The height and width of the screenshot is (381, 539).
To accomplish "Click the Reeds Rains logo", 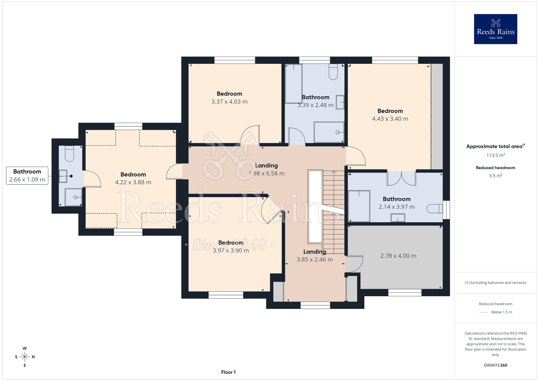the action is pyautogui.click(x=495, y=29).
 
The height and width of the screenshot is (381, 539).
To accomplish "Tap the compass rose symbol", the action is pyautogui.click(x=25, y=357).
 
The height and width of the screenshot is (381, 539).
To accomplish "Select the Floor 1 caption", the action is pyautogui.click(x=228, y=372).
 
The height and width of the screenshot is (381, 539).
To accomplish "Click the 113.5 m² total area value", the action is pyautogui.click(x=495, y=155).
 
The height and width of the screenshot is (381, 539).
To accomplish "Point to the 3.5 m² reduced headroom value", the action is pyautogui.click(x=495, y=175).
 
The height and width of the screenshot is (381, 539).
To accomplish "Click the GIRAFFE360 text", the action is pyautogui.click(x=495, y=365).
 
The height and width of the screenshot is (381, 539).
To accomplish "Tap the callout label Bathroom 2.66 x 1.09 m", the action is pyautogui.click(x=27, y=176).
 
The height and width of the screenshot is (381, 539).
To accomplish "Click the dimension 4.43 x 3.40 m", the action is pyautogui.click(x=390, y=119).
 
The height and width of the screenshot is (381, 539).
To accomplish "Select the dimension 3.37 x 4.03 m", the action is pyautogui.click(x=229, y=102).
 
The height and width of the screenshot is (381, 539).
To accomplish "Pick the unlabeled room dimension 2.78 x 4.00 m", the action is pyautogui.click(x=398, y=256).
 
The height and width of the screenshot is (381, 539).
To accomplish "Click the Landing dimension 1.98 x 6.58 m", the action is pyautogui.click(x=266, y=174).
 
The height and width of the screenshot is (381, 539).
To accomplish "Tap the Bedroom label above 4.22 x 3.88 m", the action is pyautogui.click(x=133, y=174).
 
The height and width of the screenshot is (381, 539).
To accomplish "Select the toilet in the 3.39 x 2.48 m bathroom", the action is pyautogui.click(x=333, y=72).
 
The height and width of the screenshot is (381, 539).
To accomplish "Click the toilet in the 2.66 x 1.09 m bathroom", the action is pyautogui.click(x=70, y=154).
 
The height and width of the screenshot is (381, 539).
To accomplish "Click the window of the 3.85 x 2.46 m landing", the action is pyautogui.click(x=315, y=305).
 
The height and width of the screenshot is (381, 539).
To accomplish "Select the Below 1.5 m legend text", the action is pyautogui.click(x=502, y=312).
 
